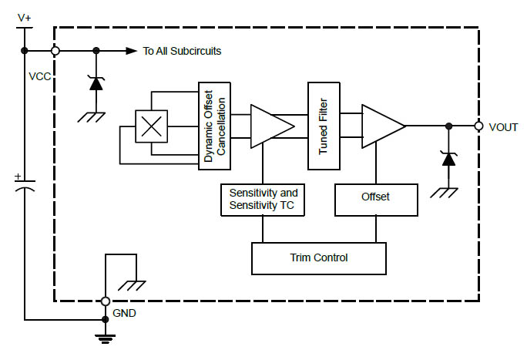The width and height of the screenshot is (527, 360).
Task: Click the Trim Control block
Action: pyautogui.click(x=319, y=258)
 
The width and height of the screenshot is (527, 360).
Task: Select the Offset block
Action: pyautogui.click(x=376, y=200)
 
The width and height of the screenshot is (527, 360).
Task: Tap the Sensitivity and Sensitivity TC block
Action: pyautogui.click(x=263, y=200)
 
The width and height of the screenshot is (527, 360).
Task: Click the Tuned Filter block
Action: pyautogui.click(x=324, y=126)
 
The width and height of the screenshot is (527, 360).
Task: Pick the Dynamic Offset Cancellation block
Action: pyautogui.click(x=214, y=126)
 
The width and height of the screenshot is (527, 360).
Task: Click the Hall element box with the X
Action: pyautogui.click(x=151, y=126)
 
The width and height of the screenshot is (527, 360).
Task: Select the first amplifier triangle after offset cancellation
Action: pyautogui.click(x=272, y=126)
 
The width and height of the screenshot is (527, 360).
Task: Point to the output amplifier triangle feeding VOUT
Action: pyautogui.click(x=383, y=126)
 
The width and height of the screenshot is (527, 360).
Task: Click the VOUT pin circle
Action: pyautogui.click(x=478, y=126)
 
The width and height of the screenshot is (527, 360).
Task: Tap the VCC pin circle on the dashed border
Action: pyautogui.click(x=55, y=51)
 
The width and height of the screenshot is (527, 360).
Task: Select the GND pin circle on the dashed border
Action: pyautogui.click(x=106, y=301)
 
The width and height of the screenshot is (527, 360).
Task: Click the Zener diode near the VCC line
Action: pyautogui.click(x=96, y=83)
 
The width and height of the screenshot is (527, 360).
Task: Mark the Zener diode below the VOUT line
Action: pyautogui.click(x=448, y=159)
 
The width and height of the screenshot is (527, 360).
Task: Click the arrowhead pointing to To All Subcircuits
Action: pyautogui.click(x=132, y=51)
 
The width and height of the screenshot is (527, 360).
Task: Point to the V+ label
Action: pyautogui.click(x=24, y=18)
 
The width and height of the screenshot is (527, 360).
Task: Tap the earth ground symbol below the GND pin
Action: pyautogui.click(x=106, y=339)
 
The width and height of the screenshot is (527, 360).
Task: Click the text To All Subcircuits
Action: pyautogui.click(x=182, y=51)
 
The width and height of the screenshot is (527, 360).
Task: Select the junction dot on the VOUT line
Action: pyautogui.click(x=448, y=126)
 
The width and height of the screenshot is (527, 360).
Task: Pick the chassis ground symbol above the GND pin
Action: pyautogui.click(x=132, y=286)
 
